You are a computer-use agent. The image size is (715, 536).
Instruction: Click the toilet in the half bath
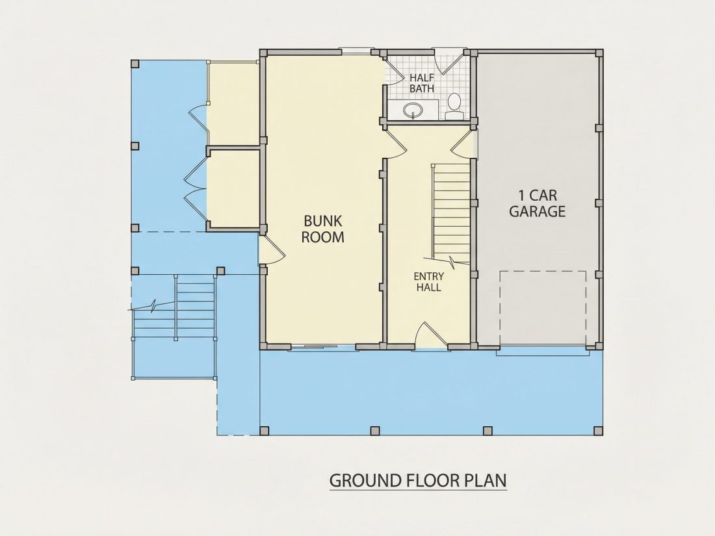[454, 106]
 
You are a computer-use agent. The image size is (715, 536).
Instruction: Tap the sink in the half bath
[414, 110]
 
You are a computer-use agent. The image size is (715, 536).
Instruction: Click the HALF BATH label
[422, 83]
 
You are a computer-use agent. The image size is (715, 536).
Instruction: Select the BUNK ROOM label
[323, 229]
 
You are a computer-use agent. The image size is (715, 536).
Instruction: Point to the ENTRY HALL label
[428, 282]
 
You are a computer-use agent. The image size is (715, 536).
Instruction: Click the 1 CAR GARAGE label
[537, 203]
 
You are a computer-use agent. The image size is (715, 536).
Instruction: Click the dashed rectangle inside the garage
[543, 308]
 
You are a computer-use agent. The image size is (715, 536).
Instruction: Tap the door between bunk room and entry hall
[395, 143]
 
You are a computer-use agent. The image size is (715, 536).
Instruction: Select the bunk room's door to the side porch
[272, 249]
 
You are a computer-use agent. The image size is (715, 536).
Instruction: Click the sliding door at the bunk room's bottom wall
[314, 348]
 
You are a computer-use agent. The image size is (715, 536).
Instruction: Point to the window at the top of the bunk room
[357, 51]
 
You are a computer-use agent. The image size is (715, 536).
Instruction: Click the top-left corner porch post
[135, 64]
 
